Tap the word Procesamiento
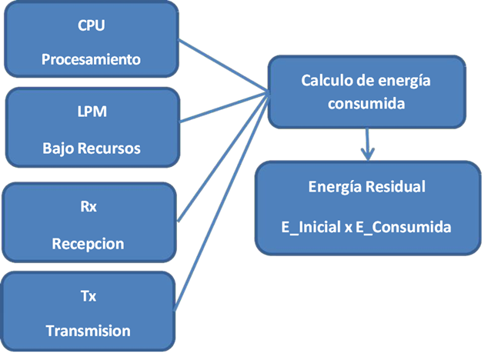(x=92, y=59)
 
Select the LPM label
(x=92, y=112)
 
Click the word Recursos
(x=112, y=148)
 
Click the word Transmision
(x=88, y=331)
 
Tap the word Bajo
(x=61, y=148)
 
